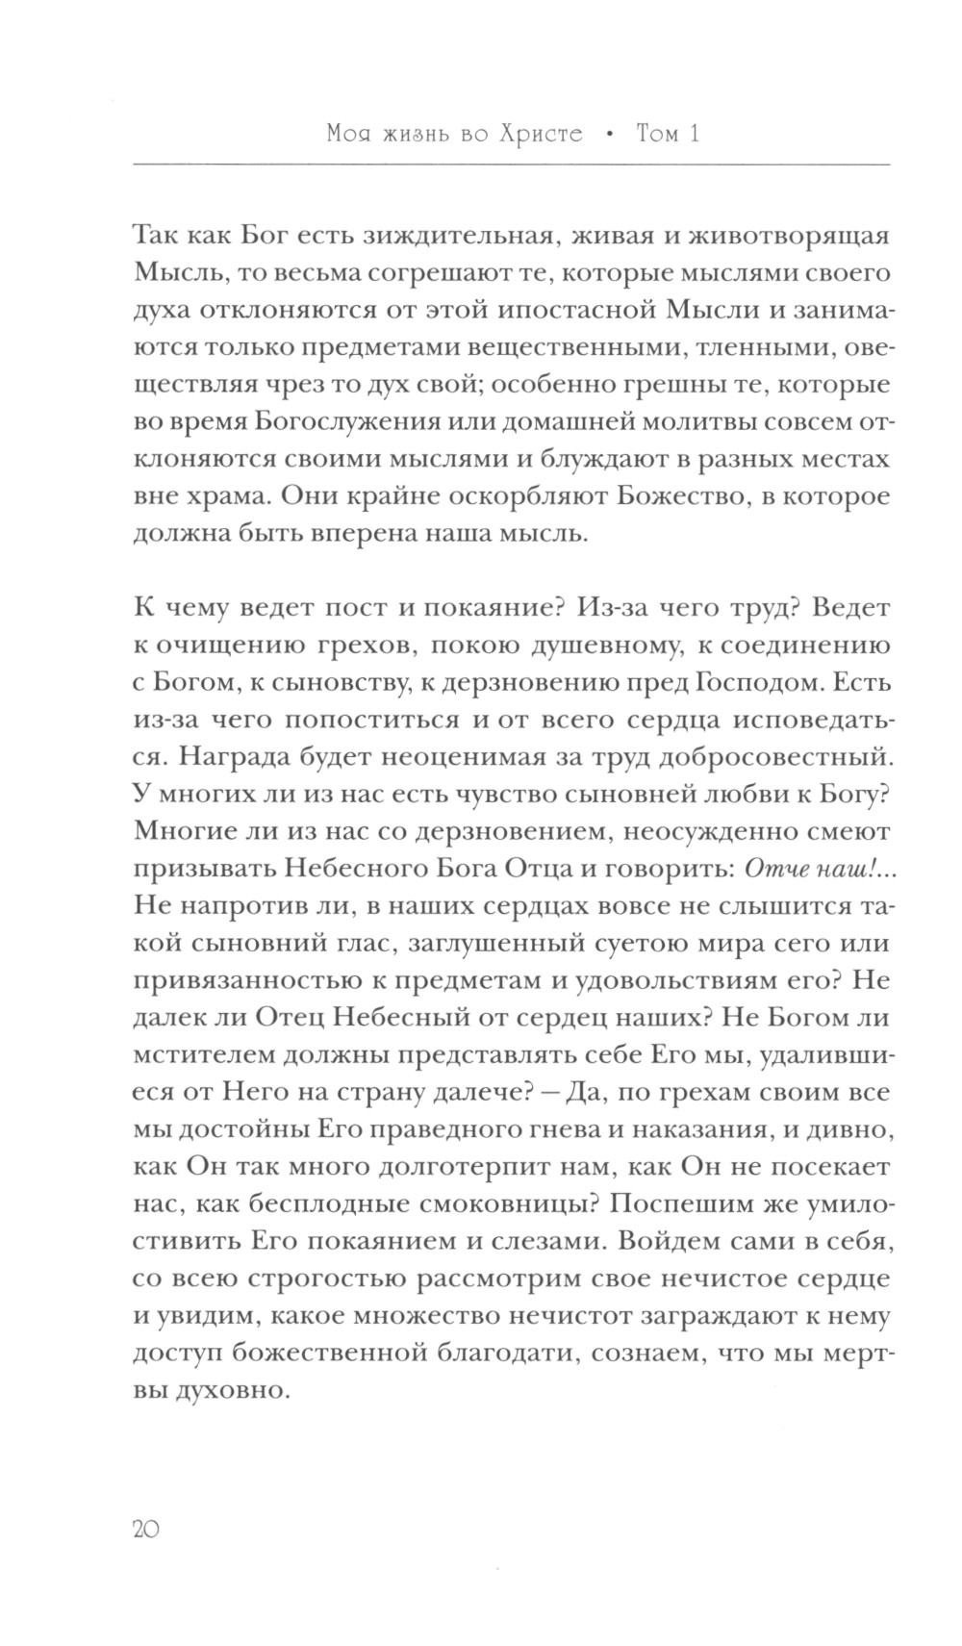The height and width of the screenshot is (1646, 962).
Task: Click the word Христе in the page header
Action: (534, 134)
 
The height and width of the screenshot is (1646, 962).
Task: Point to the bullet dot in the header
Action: (609, 135)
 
